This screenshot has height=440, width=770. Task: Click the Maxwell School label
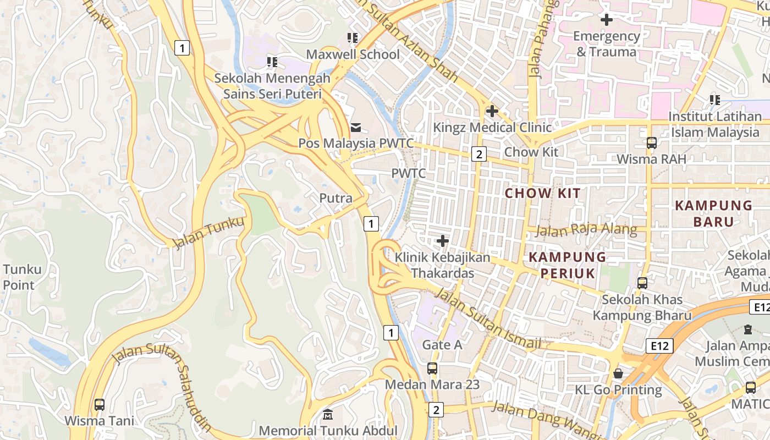coord(353,54)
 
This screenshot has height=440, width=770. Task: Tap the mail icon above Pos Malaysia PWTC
coord(356,128)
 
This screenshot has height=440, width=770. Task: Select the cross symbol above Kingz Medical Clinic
coord(492,111)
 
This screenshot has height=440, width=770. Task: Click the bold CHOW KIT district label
coord(543,193)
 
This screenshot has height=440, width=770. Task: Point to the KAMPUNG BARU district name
coord(713,213)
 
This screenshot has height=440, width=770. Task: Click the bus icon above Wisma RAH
coord(651,143)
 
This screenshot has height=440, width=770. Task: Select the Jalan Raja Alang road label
coord(586,230)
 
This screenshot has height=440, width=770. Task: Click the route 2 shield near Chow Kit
coord(479,155)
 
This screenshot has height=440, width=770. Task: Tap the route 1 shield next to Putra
coord(372,224)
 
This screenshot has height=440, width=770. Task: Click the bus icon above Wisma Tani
coord(100,405)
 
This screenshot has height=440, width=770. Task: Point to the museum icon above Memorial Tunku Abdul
coord(328,414)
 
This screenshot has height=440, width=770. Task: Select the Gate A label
coord(442,345)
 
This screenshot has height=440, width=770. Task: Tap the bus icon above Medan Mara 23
coord(432,369)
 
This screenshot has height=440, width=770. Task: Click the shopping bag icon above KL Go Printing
coord(618,373)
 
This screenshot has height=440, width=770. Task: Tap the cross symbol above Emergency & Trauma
coord(606,20)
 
